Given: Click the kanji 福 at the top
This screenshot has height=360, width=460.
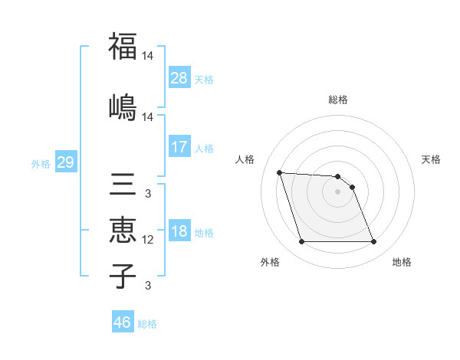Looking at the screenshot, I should click(x=123, y=46).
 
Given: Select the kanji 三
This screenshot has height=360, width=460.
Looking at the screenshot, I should click(x=123, y=186).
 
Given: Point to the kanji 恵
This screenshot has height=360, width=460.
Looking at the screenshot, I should click(x=123, y=231).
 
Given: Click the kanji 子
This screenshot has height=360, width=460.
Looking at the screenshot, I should click(x=123, y=276).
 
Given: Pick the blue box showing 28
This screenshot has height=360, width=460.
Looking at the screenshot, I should click(x=179, y=77).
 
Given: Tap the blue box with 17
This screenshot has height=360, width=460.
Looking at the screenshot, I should click(x=179, y=147).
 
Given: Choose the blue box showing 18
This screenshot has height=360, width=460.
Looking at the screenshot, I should click(x=179, y=232).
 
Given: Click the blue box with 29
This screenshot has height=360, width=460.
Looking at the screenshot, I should click(x=65, y=162).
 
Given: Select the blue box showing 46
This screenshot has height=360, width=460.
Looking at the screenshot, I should click(x=123, y=322).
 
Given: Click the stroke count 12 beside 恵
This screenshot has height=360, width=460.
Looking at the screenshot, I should click(x=148, y=240).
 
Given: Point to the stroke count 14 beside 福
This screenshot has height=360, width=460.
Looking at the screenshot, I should click(x=148, y=56).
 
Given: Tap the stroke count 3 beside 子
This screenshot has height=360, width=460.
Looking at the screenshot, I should click(x=148, y=286).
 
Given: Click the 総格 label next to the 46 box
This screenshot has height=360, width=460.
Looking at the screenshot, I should click(x=147, y=324).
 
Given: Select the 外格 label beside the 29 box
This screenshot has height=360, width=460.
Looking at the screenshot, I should click(x=41, y=163).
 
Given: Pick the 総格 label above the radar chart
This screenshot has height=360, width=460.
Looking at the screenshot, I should click(x=337, y=100).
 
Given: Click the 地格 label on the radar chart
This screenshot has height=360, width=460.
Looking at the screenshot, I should click(x=402, y=262).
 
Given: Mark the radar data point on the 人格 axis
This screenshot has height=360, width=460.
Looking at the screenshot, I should click(x=280, y=172).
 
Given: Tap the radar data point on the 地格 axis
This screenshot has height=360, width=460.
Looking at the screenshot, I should click(x=373, y=242).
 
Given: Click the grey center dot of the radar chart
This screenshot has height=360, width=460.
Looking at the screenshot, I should click(x=337, y=191).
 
